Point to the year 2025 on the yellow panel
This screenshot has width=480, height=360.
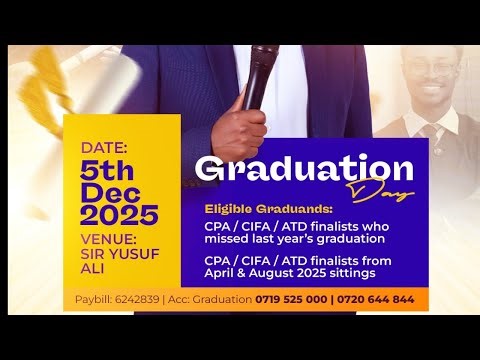tap(119, 214)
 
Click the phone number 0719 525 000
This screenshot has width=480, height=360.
tap(302, 300)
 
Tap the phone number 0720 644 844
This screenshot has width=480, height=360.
tap(380, 300)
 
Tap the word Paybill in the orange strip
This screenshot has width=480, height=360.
tap(93, 300)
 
